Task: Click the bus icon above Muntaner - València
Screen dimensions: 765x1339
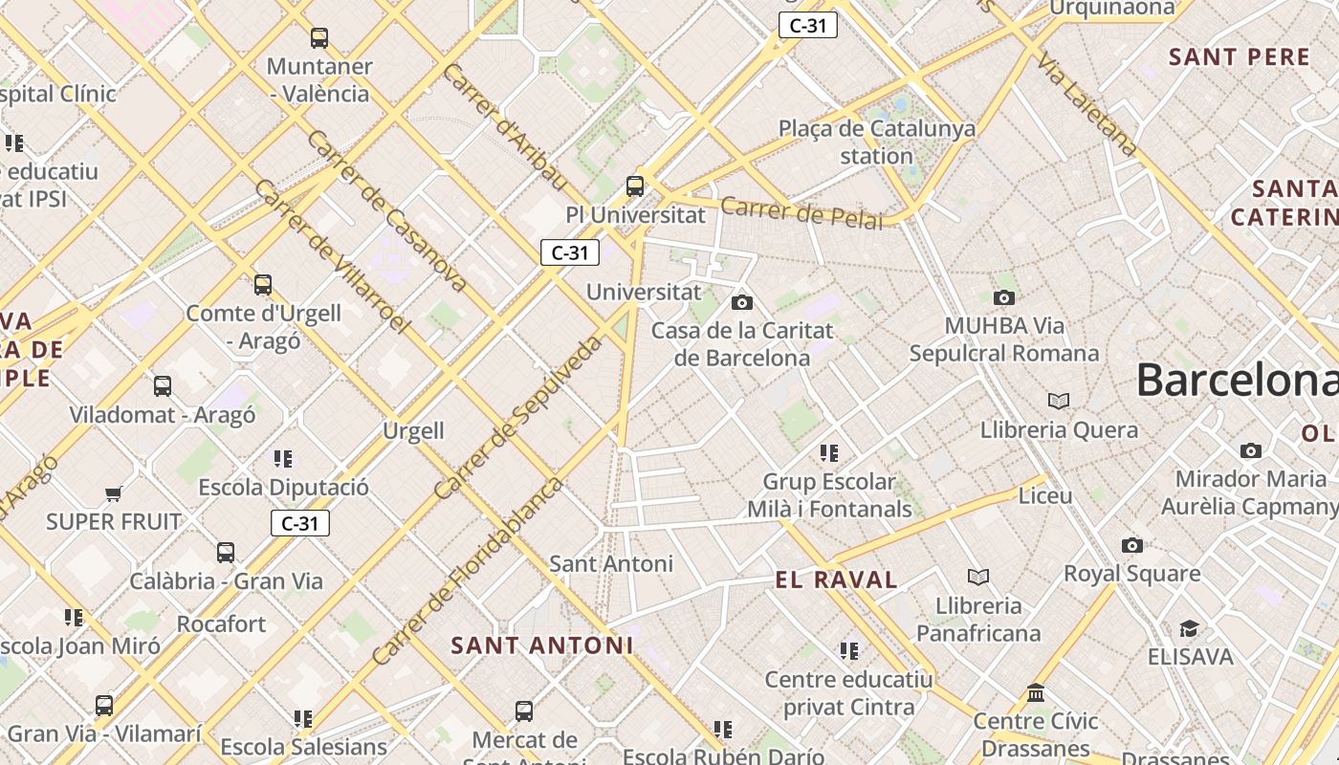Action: (x=319, y=38)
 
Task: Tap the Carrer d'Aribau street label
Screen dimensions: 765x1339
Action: (x=505, y=127)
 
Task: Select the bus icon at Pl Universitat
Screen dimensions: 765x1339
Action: (x=635, y=186)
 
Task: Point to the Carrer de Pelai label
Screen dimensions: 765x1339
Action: (x=801, y=213)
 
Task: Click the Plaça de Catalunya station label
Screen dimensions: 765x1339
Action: (x=877, y=142)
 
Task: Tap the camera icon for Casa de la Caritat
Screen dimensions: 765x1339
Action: (x=741, y=303)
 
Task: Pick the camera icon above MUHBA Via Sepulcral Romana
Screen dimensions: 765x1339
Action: (x=1004, y=297)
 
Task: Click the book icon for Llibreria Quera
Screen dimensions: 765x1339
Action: (x=1059, y=401)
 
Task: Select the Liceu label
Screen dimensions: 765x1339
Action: (x=1045, y=495)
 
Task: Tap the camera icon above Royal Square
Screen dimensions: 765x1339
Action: (x=1132, y=545)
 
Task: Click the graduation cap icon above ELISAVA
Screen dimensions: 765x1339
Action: (x=1189, y=628)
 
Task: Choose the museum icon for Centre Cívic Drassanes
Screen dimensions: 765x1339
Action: (x=1036, y=692)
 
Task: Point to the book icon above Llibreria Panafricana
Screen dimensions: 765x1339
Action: (x=978, y=577)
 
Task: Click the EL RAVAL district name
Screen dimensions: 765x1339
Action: (x=837, y=579)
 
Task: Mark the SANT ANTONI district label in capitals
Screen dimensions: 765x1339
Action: (x=542, y=645)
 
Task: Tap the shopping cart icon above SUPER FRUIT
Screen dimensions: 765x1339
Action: (x=114, y=493)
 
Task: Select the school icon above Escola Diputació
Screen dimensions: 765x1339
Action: (x=283, y=459)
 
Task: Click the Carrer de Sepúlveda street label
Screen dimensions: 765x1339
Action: (x=518, y=417)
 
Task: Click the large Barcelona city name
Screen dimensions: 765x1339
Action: (x=1237, y=380)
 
